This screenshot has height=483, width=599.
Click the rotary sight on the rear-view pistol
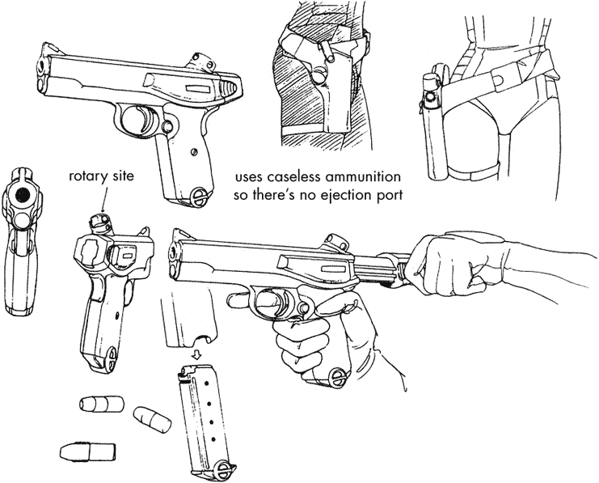pos(101,219)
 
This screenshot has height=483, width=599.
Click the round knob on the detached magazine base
pos(224,468)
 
